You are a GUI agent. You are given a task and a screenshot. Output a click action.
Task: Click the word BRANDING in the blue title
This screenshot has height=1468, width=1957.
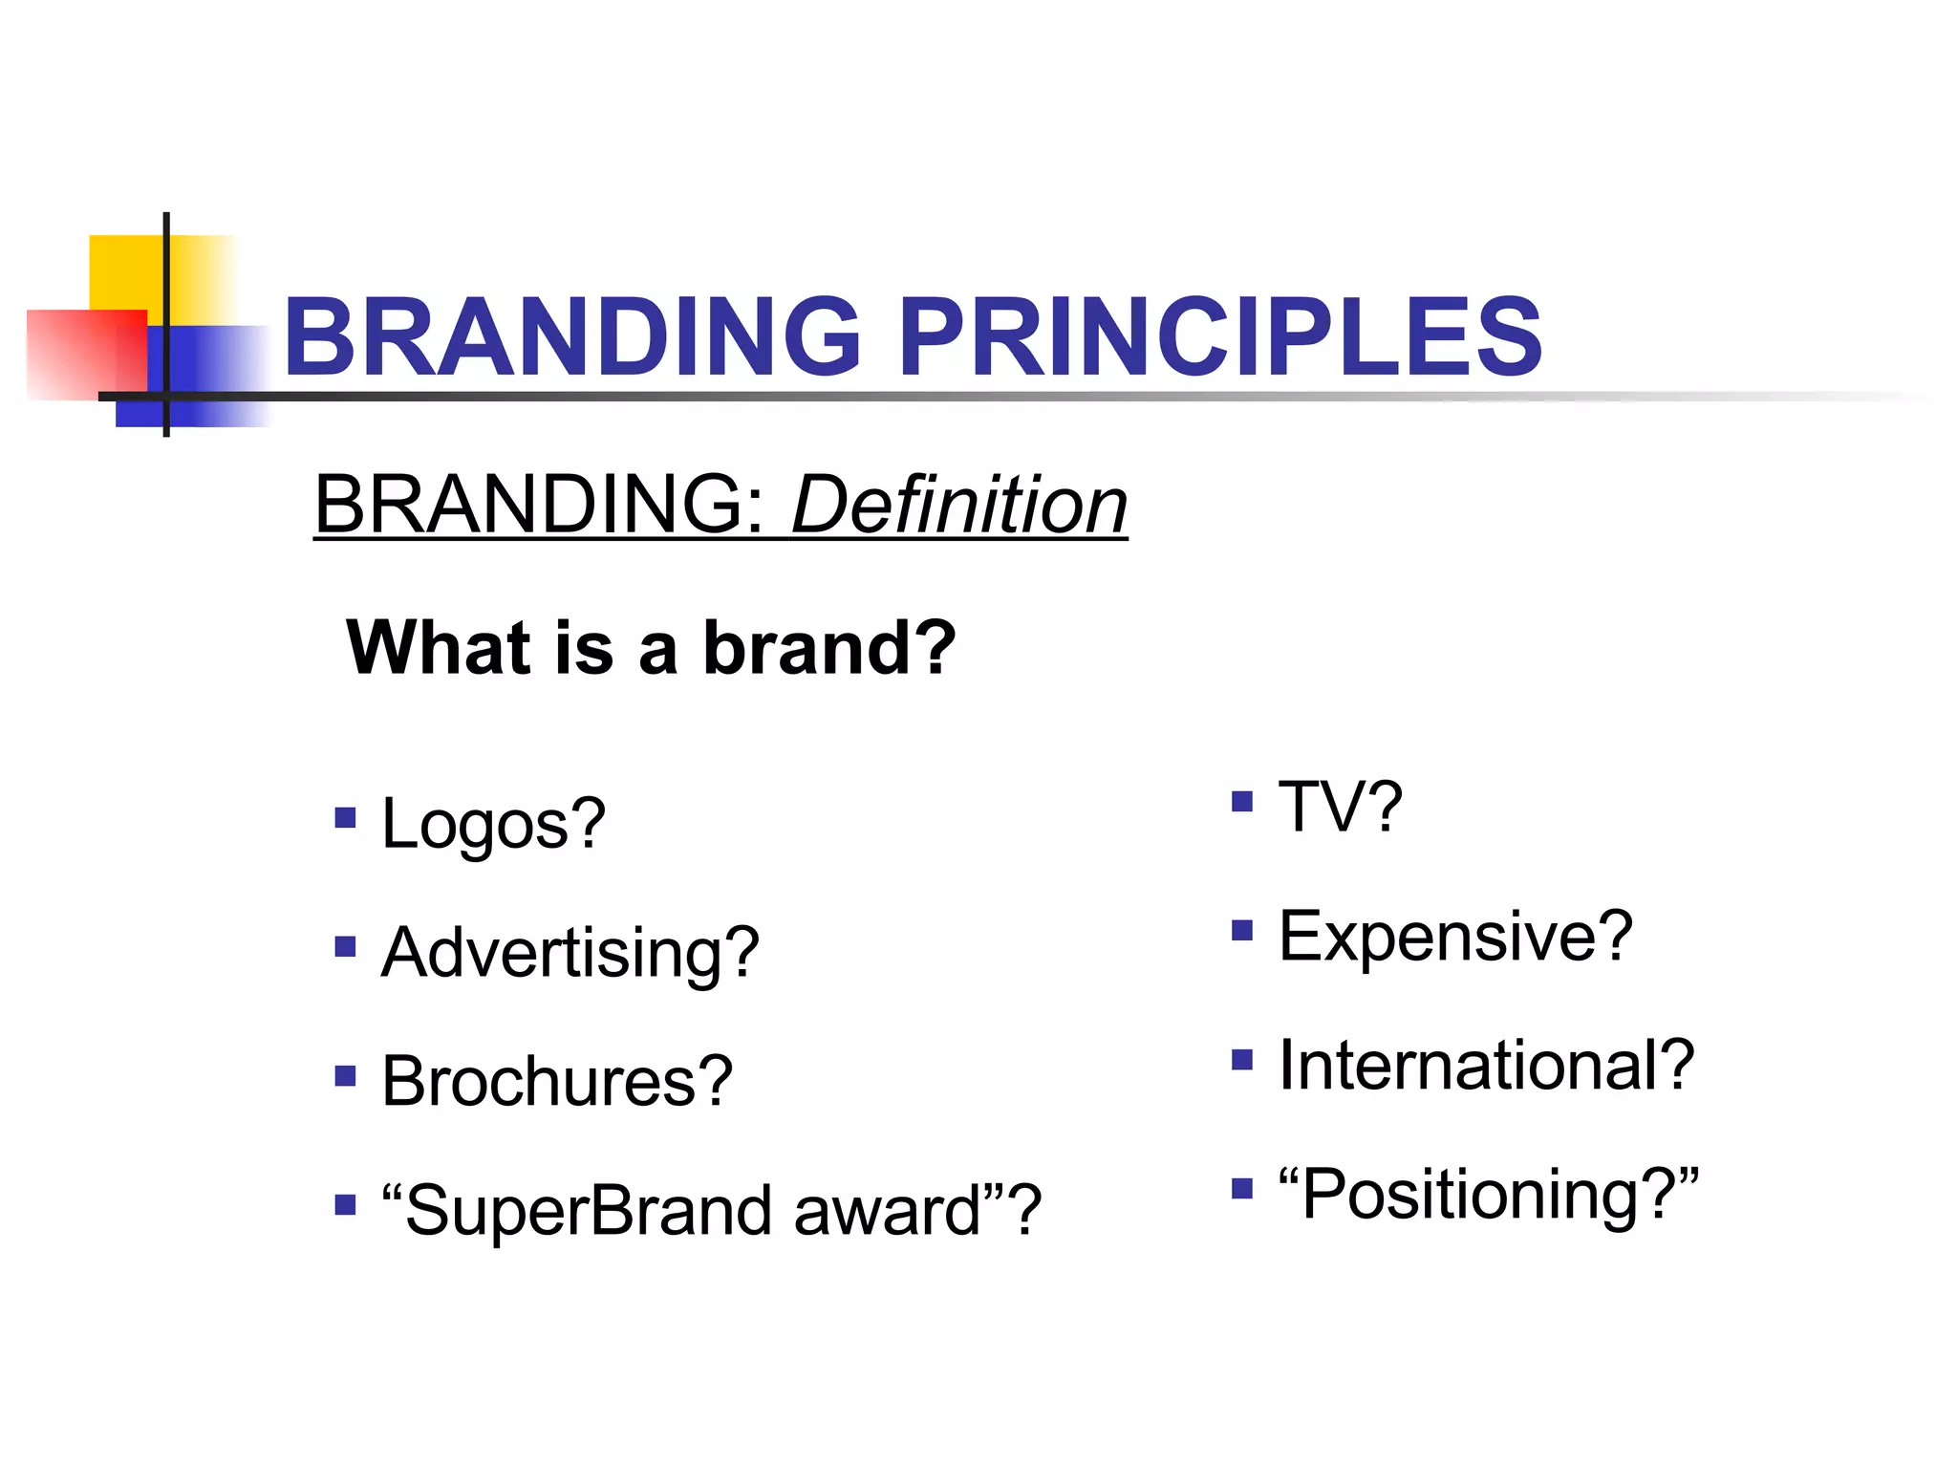pos(571,336)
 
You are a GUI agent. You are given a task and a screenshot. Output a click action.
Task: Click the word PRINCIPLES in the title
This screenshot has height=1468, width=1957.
pos(1220,336)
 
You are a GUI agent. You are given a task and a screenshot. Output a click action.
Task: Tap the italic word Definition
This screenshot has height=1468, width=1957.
pos(959,505)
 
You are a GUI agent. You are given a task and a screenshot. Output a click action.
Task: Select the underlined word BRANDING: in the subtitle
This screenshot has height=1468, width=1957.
pos(541,505)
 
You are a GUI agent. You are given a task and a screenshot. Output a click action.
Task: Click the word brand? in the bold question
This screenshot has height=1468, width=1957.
pos(829,647)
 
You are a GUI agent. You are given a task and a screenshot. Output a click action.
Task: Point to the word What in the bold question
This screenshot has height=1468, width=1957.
pos(438,647)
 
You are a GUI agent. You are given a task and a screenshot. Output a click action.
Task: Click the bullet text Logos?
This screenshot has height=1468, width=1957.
pos(493,824)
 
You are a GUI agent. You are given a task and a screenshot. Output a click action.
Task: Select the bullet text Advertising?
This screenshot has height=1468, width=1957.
pos(570,953)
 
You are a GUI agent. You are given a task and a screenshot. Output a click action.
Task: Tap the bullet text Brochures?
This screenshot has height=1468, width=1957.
pos(556,1081)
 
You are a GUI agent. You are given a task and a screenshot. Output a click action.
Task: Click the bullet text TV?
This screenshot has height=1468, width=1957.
pos(1340,807)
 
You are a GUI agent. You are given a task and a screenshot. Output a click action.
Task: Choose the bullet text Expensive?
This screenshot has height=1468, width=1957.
pos(1454,937)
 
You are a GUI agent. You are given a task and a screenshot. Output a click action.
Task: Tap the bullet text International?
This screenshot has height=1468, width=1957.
pos(1486,1065)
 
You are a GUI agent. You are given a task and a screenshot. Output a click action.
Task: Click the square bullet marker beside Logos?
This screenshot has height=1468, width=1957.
pos(345,818)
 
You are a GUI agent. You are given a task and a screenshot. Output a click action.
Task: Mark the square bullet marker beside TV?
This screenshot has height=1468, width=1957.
pos(1241,801)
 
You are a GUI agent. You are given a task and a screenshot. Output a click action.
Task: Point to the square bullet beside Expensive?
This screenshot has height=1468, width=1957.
pos(1241,930)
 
